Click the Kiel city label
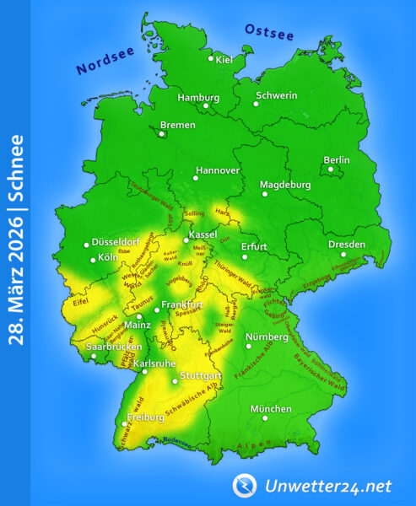[x=224, y=59]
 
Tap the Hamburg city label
[x=198, y=97]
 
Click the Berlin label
[x=337, y=160]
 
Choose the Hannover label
[x=218, y=170]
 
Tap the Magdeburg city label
[x=285, y=185]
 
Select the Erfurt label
[x=254, y=247]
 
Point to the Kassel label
[x=204, y=234]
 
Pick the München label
[x=271, y=409]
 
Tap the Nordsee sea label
[x=105, y=62]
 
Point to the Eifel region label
[x=80, y=299]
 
